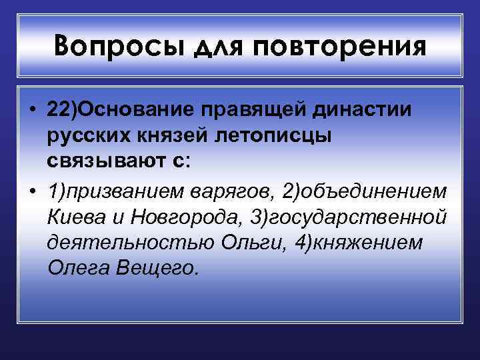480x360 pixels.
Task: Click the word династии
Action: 360,110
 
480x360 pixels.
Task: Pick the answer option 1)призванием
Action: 113,192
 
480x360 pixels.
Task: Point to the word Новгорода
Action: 188,218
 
